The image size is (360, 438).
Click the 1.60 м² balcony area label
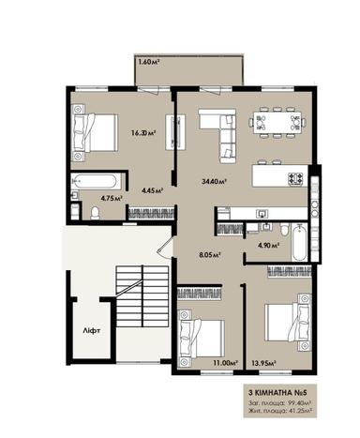pos(149,62)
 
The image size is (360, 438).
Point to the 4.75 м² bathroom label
pos(86,199)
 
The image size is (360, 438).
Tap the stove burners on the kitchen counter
pos(295,177)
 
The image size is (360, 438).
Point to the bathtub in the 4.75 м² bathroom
pos(95,181)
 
